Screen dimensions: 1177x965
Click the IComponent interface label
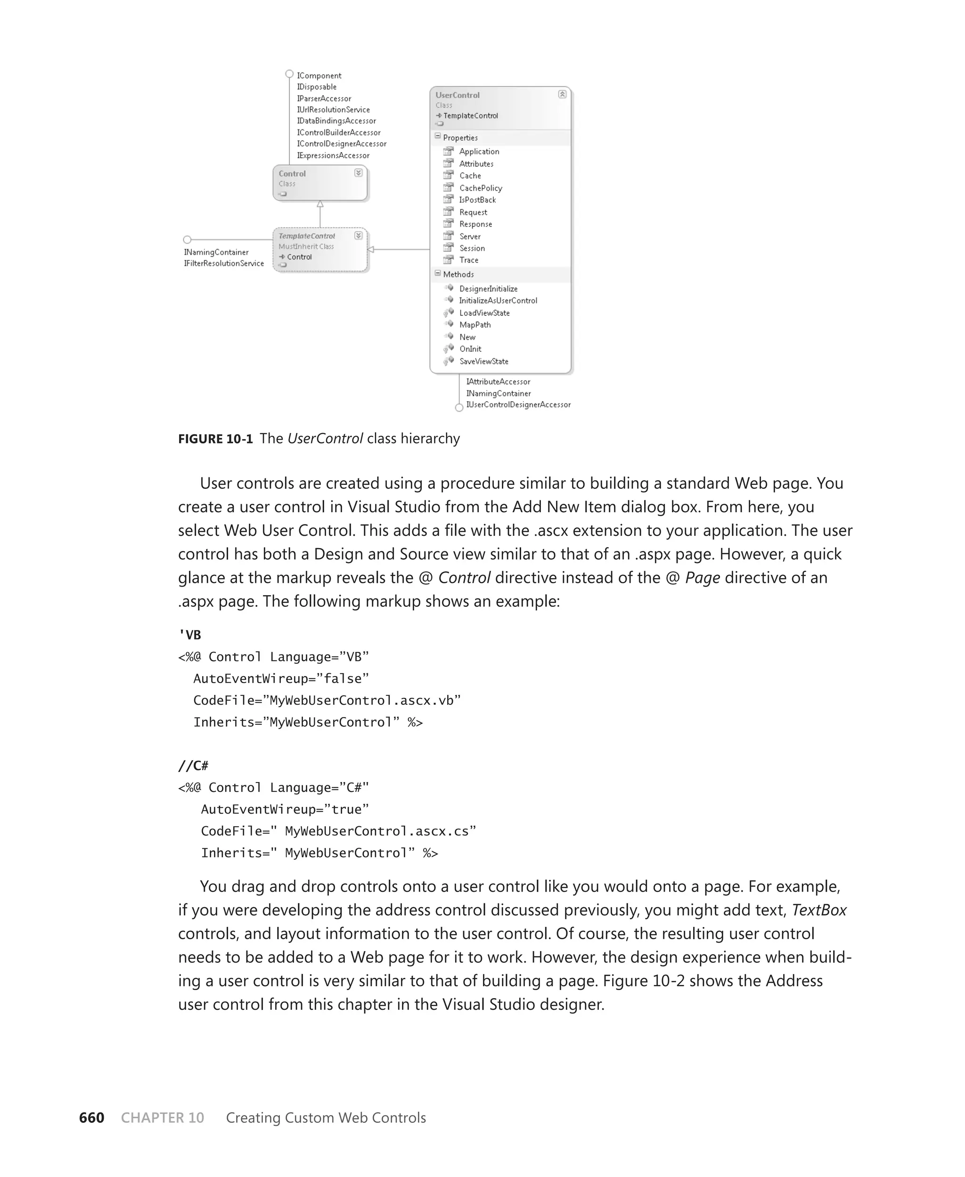pyautogui.click(x=319, y=75)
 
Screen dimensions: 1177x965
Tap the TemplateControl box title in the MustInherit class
pyautogui.click(x=307, y=236)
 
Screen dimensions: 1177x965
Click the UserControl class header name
pyautogui.click(x=457, y=95)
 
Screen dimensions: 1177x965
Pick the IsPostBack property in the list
pyautogui.click(x=477, y=200)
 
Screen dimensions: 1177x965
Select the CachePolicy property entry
pyautogui.click(x=480, y=188)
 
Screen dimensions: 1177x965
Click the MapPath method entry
pyautogui.click(x=474, y=325)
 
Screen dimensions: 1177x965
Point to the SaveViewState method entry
pyautogui.click(x=483, y=361)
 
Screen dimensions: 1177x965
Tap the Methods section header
pyautogui.click(x=458, y=274)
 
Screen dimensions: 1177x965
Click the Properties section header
pyautogui.click(x=460, y=138)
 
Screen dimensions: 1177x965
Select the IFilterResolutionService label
pyautogui.click(x=223, y=263)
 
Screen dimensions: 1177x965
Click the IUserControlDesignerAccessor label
pyautogui.click(x=518, y=404)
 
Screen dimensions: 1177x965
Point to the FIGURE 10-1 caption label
pyautogui.click(x=215, y=439)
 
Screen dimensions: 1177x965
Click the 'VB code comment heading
pyautogui.click(x=189, y=635)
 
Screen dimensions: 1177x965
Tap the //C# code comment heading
pyautogui.click(x=193, y=766)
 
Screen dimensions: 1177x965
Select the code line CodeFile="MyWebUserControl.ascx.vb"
pyautogui.click(x=327, y=701)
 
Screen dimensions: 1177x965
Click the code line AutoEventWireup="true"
pyautogui.click(x=285, y=809)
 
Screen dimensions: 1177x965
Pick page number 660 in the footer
pyautogui.click(x=92, y=1118)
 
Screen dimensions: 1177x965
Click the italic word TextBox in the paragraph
pyautogui.click(x=818, y=910)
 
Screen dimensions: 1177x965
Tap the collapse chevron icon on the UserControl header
pyautogui.click(x=562, y=95)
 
